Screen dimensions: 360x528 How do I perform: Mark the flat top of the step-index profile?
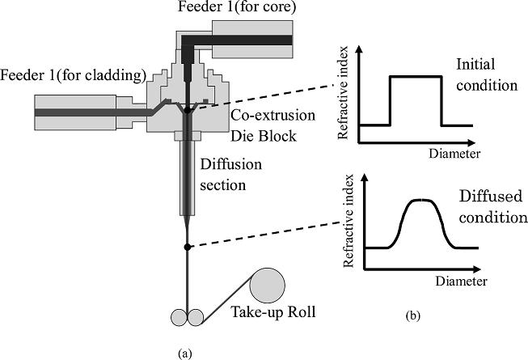[416, 77]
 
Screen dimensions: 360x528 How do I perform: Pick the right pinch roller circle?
[196, 316]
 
